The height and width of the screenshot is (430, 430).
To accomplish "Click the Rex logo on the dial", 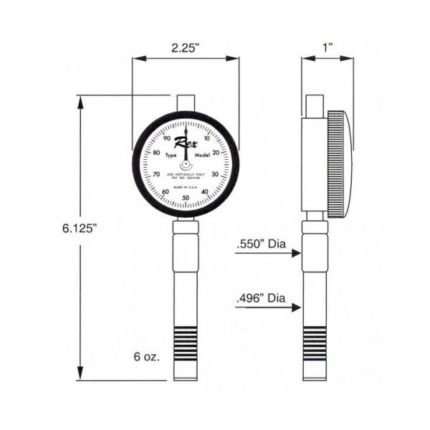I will pos(186,144).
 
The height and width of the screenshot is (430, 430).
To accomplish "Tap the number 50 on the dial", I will pos(186,199).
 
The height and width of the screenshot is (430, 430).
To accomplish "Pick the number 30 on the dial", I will pos(215,175).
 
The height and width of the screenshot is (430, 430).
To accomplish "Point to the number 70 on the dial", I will pos(156,175).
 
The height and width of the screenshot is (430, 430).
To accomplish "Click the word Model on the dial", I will pos(202,156).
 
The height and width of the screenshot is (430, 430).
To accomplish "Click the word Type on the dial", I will pos(171,156).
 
